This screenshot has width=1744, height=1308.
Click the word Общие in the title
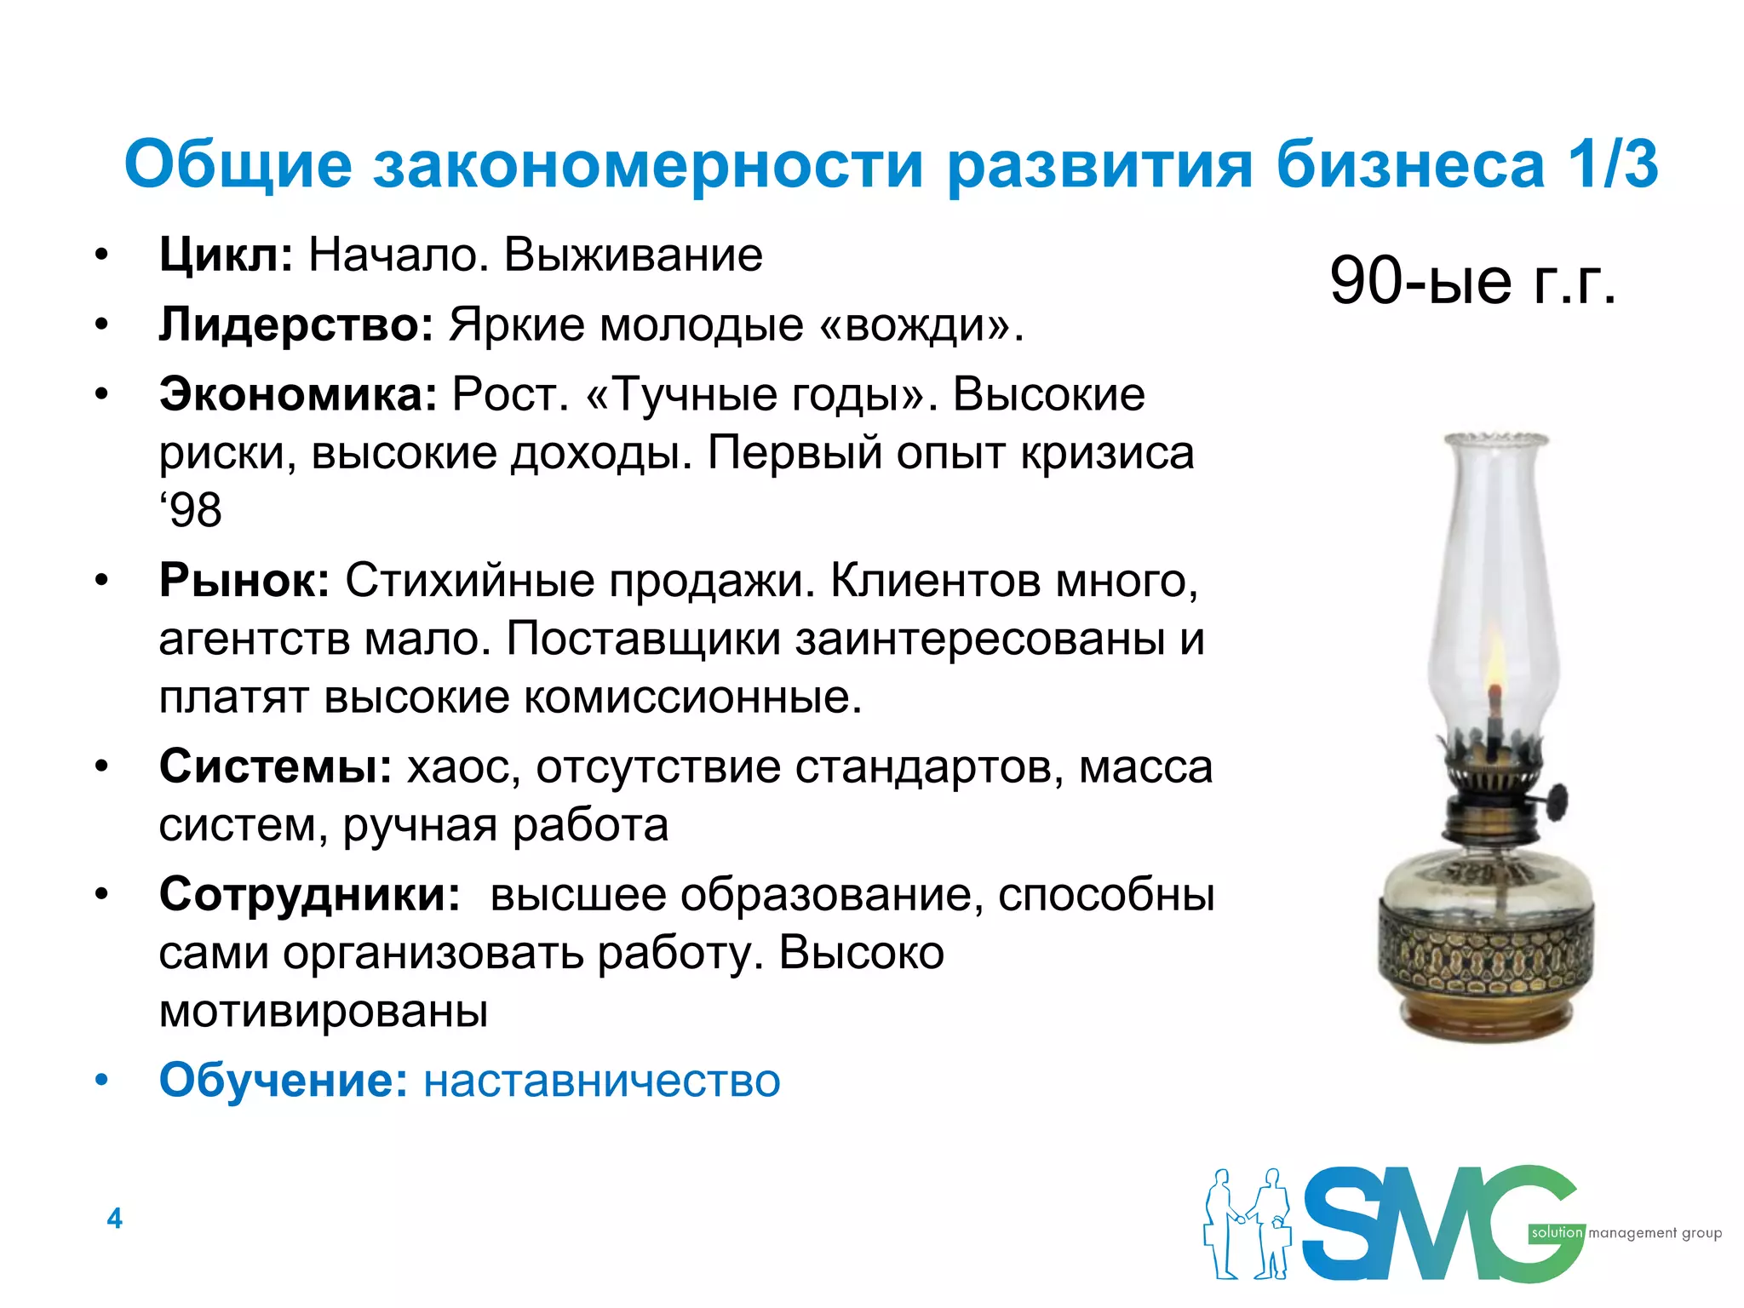coord(238,164)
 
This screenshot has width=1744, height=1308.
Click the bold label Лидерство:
coord(296,324)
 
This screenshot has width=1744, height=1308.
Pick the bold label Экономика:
coord(298,394)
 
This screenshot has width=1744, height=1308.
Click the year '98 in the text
coord(191,511)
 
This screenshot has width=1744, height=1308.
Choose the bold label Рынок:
coord(244,581)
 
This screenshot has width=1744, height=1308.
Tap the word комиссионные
coord(691,697)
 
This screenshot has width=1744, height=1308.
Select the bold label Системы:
coord(275,766)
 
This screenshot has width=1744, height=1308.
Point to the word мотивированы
coord(324,1011)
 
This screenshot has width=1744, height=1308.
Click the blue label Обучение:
coord(284,1080)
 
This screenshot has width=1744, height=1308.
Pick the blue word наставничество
coord(602,1081)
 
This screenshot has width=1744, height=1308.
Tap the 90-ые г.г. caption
coord(1472,280)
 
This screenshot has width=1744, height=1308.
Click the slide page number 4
coord(115,1219)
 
